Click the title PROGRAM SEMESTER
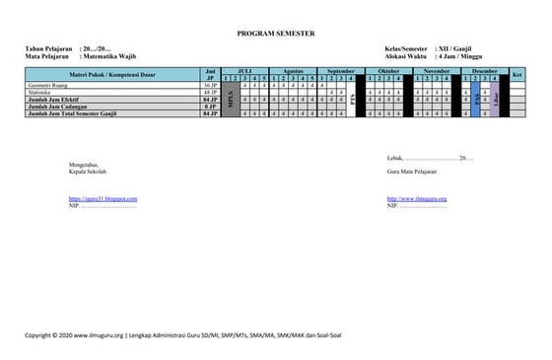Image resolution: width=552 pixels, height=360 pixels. pos(276,33)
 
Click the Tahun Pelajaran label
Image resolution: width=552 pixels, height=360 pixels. pos(46,49)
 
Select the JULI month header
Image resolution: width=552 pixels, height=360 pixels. pos(245,72)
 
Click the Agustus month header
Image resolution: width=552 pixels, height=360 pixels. pos(293,72)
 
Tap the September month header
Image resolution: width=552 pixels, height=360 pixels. pos(340,72)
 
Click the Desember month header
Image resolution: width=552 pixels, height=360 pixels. pos(484,72)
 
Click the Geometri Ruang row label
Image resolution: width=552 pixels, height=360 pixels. pos(49,86)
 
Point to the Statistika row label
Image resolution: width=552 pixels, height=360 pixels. pos(45,93)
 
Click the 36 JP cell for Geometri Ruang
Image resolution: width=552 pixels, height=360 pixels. pos(209,86)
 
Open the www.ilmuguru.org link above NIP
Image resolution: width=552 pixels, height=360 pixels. pos(417,198)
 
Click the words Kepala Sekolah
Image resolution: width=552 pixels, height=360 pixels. pos(90,169)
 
